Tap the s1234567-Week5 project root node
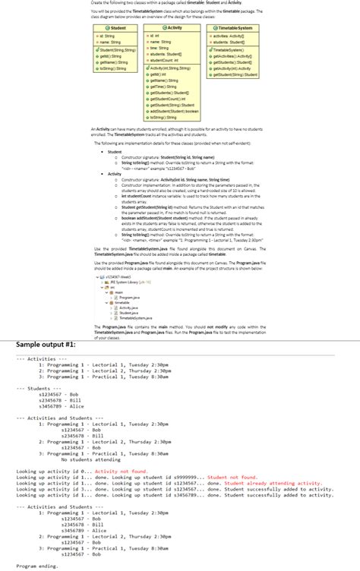122,276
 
